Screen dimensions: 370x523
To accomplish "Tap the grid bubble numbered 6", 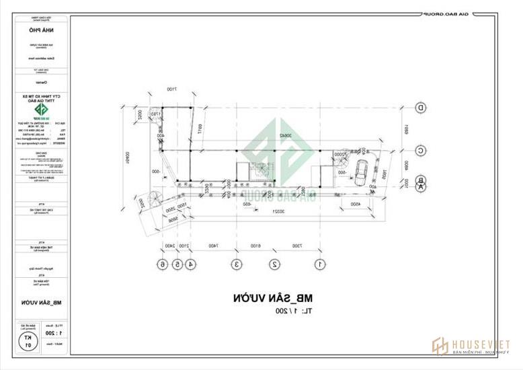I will coord(162,264).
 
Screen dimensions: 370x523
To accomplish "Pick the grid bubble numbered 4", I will coord(191,264).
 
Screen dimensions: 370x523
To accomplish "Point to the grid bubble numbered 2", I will coord(274,264).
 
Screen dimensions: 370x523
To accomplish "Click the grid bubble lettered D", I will coord(421,108).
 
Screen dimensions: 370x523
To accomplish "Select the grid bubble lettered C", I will coord(421,151).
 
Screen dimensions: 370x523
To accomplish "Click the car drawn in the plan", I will coord(362,173).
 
